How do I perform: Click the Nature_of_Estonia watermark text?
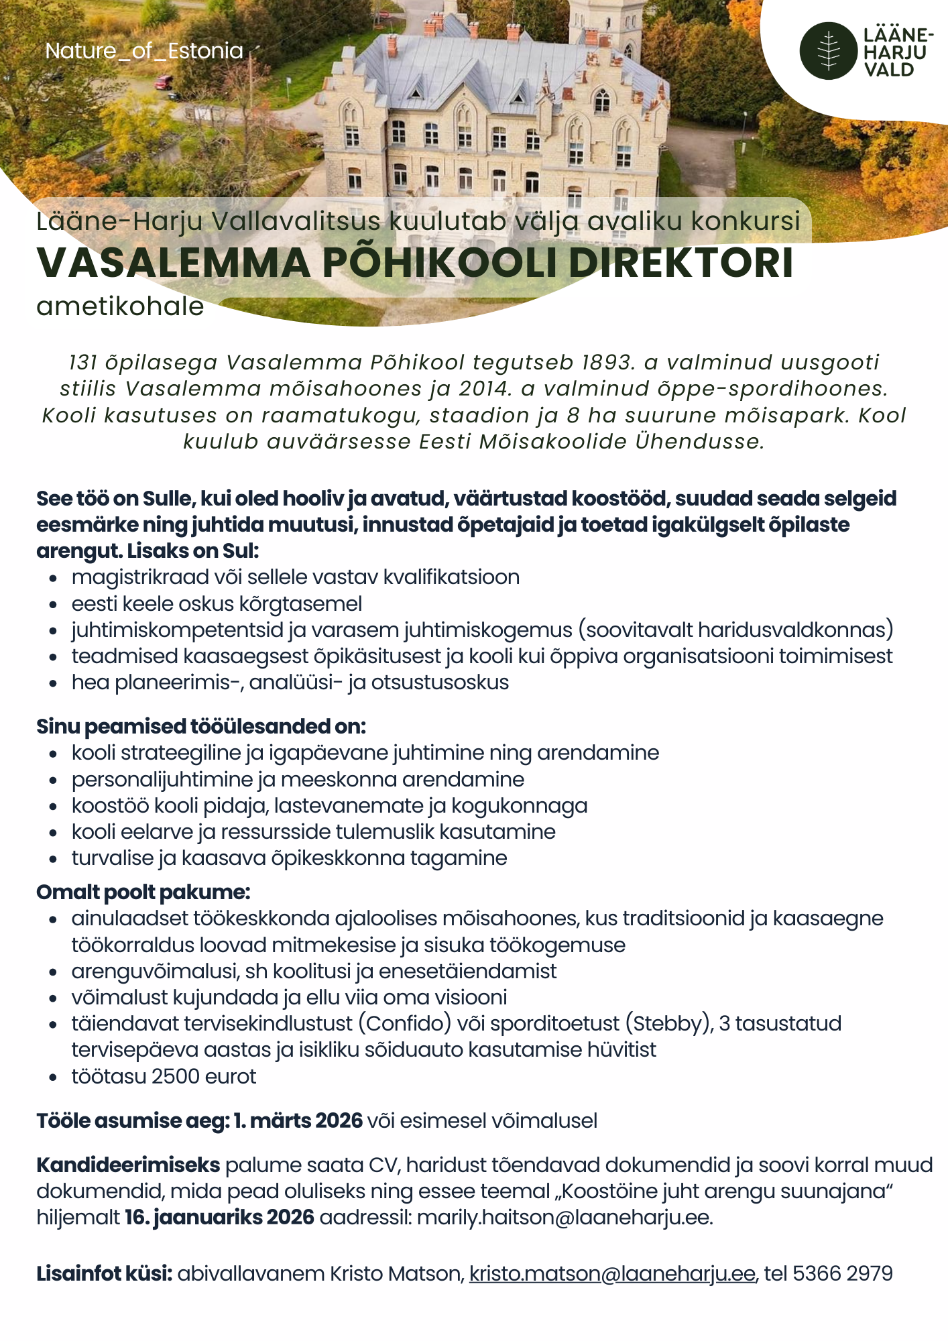[x=144, y=51]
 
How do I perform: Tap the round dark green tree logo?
[x=828, y=51]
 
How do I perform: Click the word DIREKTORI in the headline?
[x=680, y=263]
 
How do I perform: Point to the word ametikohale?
[x=120, y=306]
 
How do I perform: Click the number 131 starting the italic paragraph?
[x=82, y=363]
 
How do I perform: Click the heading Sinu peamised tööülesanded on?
[x=201, y=726]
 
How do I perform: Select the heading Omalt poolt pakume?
[x=143, y=892]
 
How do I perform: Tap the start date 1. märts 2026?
[x=298, y=1121]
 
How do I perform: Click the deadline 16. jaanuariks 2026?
[x=220, y=1218]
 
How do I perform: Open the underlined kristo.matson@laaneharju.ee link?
[x=612, y=1273]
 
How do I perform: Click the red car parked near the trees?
[x=164, y=82]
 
